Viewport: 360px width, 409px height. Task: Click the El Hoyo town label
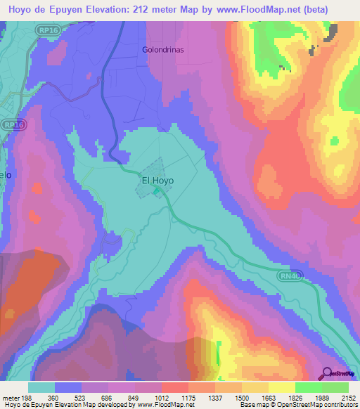click(x=157, y=180)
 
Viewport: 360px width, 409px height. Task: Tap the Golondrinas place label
click(x=163, y=51)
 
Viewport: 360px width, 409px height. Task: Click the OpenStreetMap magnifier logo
click(x=326, y=373)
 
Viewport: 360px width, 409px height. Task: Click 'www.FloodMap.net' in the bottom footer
click(x=165, y=405)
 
